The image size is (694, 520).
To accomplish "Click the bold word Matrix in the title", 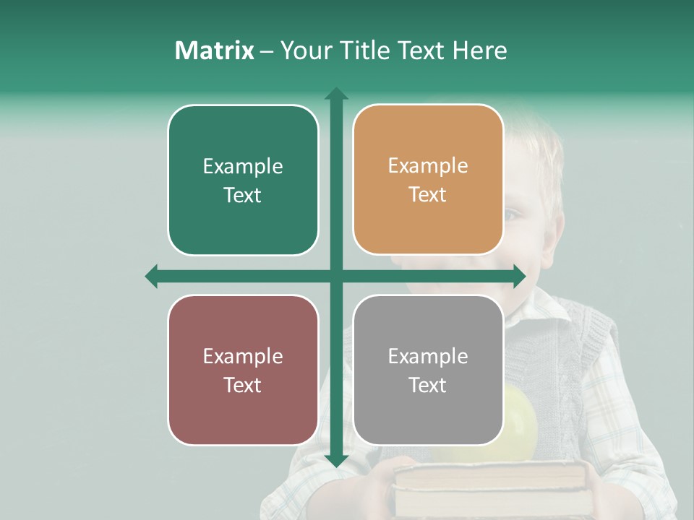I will point(214,51).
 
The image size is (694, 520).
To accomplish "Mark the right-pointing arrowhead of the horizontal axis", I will point(519,276).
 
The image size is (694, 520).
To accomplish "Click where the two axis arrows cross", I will point(336,276).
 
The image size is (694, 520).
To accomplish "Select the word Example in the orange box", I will point(428,166).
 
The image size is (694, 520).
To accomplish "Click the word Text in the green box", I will point(243,195).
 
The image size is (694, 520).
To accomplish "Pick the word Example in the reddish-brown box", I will point(243,356).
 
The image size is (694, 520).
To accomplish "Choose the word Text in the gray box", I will point(428,385).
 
